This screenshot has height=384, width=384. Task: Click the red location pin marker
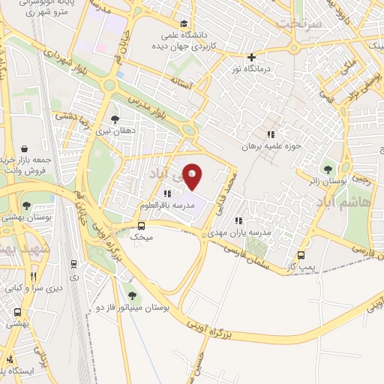coord(193,177)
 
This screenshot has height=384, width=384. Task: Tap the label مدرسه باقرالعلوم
coord(167,205)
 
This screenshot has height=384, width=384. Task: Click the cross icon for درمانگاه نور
coord(251,57)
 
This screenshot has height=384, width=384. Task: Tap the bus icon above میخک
coord(141,225)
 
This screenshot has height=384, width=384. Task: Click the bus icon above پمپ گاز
coord(301,254)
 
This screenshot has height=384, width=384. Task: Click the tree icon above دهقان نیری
coord(114,118)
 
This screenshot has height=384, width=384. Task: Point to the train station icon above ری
coord(73,262)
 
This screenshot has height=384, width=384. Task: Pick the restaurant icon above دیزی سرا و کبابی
coord(33,275)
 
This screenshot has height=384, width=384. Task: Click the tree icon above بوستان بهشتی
coord(27,205)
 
